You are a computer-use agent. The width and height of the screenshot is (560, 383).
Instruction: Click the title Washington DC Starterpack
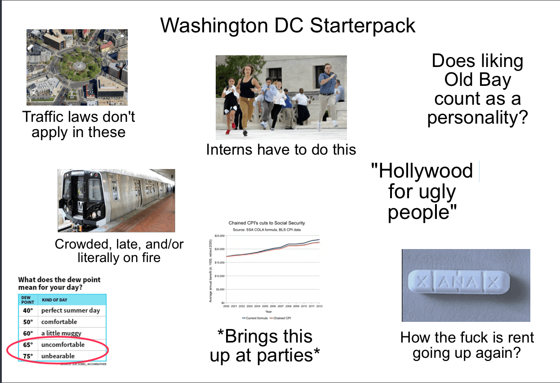click(x=288, y=26)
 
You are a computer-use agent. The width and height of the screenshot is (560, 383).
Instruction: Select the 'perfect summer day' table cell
click(x=71, y=311)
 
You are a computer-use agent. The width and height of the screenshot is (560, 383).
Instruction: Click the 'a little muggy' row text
click(x=61, y=334)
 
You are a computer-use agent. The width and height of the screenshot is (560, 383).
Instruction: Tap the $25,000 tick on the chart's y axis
click(x=219, y=236)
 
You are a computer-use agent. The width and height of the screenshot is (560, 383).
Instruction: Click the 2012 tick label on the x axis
click(x=319, y=306)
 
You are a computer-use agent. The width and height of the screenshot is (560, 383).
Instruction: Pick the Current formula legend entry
click(x=256, y=318)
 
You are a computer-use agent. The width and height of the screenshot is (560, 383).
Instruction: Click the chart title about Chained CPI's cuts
click(x=267, y=223)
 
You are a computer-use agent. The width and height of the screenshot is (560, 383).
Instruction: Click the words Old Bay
click(x=478, y=80)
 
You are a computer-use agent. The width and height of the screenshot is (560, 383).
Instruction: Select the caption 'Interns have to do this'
click(x=281, y=150)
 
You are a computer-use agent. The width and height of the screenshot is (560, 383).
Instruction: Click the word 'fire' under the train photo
click(x=148, y=258)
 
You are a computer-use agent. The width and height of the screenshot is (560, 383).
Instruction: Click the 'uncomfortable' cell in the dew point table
click(x=63, y=345)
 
